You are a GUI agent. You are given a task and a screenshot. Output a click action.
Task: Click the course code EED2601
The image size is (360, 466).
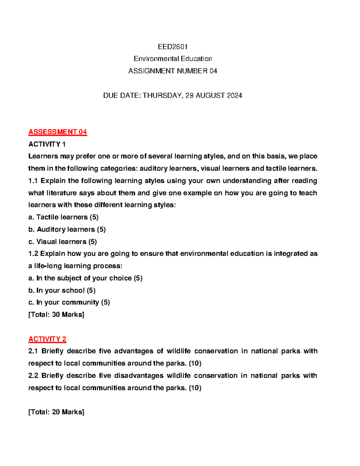(x=173, y=47)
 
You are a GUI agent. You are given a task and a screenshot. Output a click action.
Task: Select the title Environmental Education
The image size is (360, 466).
(x=173, y=59)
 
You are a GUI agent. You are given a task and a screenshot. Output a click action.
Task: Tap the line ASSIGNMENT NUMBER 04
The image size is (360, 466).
(x=173, y=71)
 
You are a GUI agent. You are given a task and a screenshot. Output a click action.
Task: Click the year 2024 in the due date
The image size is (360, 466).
(x=234, y=96)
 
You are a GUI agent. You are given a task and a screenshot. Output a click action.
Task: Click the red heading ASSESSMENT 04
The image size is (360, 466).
(x=58, y=132)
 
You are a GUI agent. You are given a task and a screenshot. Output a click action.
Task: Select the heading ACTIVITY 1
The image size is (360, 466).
(x=47, y=144)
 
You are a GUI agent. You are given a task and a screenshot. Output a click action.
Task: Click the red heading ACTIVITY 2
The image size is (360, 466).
(x=47, y=339)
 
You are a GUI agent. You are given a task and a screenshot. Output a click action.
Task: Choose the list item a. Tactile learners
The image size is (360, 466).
(x=63, y=217)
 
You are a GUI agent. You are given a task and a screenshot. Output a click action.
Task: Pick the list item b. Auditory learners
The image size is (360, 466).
(x=67, y=230)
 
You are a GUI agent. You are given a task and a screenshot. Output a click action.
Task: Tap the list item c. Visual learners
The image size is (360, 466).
(x=62, y=242)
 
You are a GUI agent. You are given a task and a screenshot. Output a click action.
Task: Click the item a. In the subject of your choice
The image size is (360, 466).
(x=85, y=278)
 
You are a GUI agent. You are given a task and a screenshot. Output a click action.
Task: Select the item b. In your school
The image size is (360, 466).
(x=62, y=290)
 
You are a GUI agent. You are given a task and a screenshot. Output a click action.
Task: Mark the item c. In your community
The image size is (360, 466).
(x=69, y=302)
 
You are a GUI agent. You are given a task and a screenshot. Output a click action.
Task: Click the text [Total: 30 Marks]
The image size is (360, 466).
(x=56, y=315)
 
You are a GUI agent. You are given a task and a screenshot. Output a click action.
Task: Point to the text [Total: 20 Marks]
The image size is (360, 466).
(x=56, y=412)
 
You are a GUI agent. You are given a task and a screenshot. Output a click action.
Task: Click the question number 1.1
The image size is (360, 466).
(x=33, y=181)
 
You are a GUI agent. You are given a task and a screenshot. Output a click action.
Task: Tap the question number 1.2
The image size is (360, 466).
(x=33, y=254)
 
